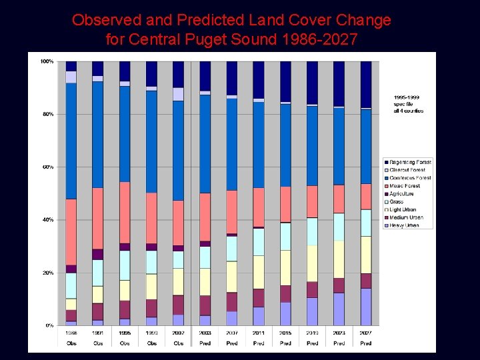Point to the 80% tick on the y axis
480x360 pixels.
[x=47, y=114]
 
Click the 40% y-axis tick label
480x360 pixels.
[x=47, y=220]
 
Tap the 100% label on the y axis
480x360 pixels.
[x=47, y=61]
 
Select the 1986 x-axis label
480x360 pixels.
[x=71, y=333]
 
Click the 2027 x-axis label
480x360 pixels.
[x=366, y=333]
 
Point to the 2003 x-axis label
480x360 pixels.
[x=205, y=333]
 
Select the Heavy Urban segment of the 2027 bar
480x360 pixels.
[x=366, y=307]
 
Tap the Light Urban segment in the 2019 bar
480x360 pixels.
[x=313, y=263]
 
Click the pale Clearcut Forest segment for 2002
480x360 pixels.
[x=178, y=94]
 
